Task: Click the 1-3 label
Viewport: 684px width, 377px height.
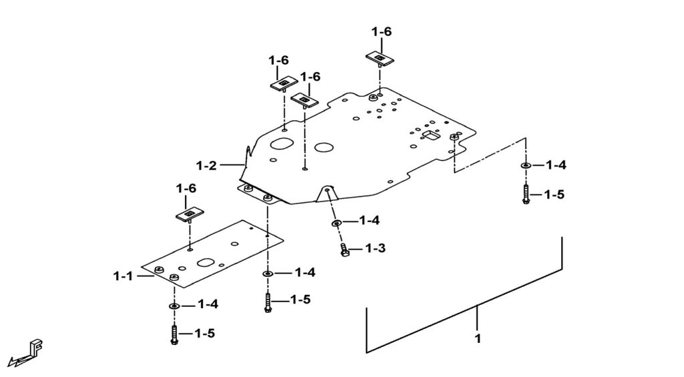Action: point(375,249)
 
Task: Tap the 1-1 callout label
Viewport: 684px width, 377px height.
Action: point(124,275)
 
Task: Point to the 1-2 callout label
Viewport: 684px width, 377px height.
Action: point(206,164)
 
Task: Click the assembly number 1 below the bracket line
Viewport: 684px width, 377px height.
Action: point(478,339)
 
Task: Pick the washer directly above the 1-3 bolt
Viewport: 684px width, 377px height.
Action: point(336,222)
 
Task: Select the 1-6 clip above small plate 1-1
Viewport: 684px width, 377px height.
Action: point(190,215)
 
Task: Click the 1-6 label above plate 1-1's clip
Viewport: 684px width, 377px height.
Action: point(186,188)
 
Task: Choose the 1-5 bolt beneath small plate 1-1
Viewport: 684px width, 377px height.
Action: point(174,334)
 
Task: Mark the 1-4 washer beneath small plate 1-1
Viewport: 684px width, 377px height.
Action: point(174,305)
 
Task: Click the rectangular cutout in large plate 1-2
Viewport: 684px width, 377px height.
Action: point(431,136)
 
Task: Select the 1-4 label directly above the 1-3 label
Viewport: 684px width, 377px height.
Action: point(369,221)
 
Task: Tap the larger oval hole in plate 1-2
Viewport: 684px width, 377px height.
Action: point(282,144)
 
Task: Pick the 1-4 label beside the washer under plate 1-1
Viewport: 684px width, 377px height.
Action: point(208,305)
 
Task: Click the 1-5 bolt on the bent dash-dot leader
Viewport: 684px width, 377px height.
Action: point(526,195)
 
